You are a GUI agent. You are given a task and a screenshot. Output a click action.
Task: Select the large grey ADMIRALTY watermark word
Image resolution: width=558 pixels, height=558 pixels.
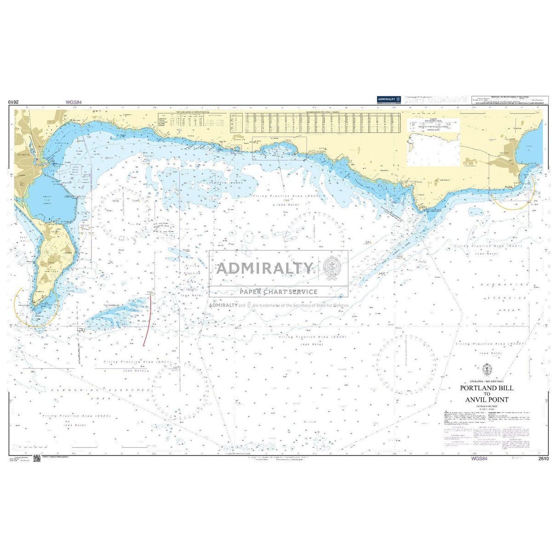[264, 268]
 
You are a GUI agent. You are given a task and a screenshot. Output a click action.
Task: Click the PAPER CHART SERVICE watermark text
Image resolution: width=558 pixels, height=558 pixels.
[278, 292]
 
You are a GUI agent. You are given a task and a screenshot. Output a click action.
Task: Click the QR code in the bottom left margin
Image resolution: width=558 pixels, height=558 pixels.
[37, 458]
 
